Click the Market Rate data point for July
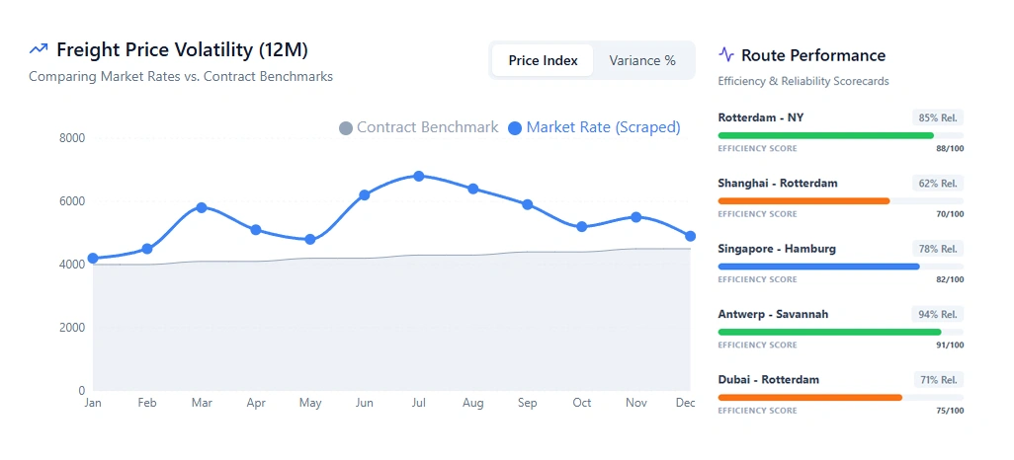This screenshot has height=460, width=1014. pyautogui.click(x=419, y=177)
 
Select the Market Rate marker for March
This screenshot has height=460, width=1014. pyautogui.click(x=202, y=207)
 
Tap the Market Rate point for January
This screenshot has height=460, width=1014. pyautogui.click(x=93, y=259)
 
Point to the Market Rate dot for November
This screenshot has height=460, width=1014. pyautogui.click(x=636, y=217)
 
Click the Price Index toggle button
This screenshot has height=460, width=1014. pyautogui.click(x=543, y=60)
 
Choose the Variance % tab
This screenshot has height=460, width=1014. pyautogui.click(x=642, y=60)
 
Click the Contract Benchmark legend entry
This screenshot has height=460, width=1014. pyautogui.click(x=418, y=127)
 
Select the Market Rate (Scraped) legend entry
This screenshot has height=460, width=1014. pyautogui.click(x=594, y=127)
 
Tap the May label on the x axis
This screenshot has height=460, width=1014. pyautogui.click(x=310, y=403)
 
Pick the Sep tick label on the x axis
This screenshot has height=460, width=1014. pyautogui.click(x=528, y=403)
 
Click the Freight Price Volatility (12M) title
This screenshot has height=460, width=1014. pyautogui.click(x=189, y=50)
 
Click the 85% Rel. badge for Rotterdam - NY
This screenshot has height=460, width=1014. pyautogui.click(x=937, y=117)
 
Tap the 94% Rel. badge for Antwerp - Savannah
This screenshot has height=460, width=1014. pyautogui.click(x=937, y=314)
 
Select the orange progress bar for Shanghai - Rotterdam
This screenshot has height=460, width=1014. pyautogui.click(x=803, y=201)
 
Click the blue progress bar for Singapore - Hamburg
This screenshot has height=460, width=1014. pyautogui.click(x=818, y=267)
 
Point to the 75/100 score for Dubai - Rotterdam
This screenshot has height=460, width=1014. pyautogui.click(x=950, y=411)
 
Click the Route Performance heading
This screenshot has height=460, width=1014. pyautogui.click(x=812, y=55)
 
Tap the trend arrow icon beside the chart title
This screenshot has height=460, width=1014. pyautogui.click(x=39, y=48)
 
